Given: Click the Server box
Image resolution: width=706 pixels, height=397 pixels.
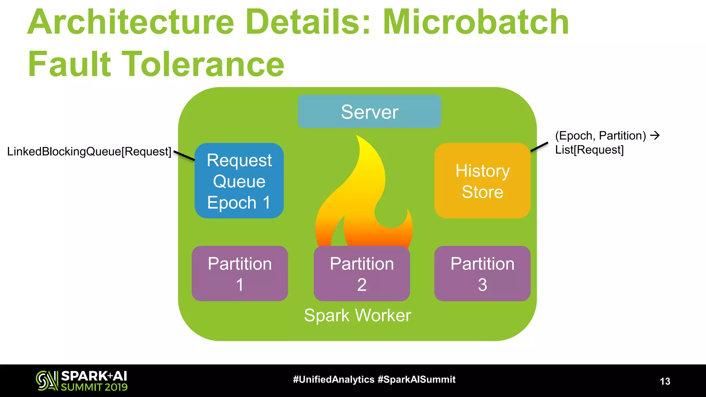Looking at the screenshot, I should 369,112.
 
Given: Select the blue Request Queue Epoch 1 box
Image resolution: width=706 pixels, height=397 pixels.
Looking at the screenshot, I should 239,181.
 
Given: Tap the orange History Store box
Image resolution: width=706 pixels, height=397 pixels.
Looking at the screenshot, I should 482,181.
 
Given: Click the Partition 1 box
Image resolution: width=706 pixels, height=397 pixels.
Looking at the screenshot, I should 240,274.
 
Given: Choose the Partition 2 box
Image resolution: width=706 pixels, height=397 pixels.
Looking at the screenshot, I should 362,274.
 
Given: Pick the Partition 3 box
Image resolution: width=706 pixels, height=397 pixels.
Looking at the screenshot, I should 482,274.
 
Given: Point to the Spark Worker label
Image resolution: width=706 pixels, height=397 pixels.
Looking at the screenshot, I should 357,315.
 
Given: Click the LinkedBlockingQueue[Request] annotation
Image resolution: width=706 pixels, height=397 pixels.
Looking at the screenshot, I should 89,152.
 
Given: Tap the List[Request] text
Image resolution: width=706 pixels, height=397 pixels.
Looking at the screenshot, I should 589,150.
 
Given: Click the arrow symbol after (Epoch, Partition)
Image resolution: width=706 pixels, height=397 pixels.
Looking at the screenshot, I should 655,135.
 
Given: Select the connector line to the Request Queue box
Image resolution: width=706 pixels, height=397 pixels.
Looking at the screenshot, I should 184,155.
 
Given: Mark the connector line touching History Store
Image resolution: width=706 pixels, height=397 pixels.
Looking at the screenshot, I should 539,146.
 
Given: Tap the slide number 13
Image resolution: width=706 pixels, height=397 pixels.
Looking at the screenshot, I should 665,381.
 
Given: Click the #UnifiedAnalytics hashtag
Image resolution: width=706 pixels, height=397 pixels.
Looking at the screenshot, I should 333,379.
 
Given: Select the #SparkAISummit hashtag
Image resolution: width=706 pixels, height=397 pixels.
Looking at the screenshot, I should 416,379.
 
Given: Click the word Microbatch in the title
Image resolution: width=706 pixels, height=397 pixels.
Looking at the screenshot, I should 476,22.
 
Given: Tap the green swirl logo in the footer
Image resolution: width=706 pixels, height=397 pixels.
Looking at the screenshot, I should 47,380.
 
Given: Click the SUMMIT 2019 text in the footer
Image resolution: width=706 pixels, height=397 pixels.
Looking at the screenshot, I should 94,387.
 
